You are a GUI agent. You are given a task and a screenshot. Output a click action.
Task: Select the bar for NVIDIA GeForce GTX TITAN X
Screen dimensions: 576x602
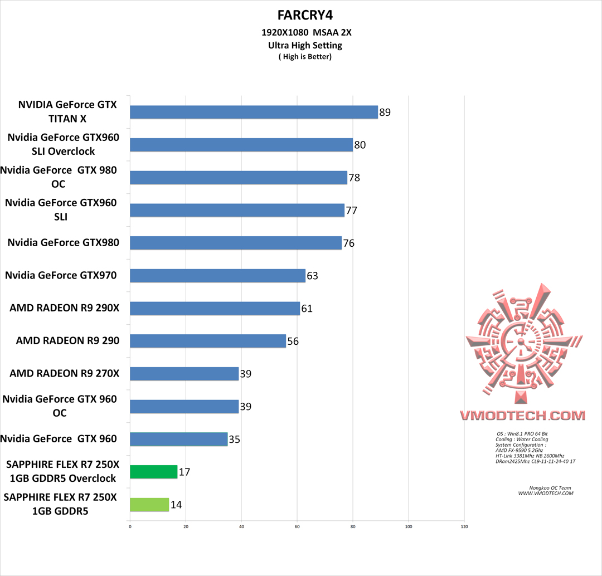pos(254,112)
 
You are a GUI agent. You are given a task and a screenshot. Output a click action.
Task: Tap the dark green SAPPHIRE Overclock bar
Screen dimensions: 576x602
pos(153,472)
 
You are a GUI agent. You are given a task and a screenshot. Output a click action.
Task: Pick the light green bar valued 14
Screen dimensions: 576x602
pos(149,505)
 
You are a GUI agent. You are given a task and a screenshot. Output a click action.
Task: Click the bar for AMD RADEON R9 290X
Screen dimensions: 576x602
pos(215,308)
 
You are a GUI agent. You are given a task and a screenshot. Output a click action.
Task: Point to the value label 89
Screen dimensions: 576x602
pos(385,113)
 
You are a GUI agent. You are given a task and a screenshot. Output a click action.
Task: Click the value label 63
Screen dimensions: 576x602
pos(312,276)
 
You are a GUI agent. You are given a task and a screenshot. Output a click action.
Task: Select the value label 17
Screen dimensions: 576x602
pos(185,472)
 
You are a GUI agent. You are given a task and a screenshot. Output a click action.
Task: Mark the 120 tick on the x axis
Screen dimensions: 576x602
pos(464,526)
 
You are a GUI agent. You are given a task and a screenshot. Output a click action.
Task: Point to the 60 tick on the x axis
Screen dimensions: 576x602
pos(297,526)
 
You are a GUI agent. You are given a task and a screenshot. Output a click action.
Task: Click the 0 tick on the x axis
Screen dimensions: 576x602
pos(130,526)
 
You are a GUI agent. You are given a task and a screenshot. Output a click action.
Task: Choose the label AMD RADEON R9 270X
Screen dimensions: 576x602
pos(64,373)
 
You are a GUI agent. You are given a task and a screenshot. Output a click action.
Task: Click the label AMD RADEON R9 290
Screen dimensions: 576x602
pos(67,340)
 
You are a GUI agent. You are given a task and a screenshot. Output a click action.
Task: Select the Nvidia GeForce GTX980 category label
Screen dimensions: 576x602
pos(63,242)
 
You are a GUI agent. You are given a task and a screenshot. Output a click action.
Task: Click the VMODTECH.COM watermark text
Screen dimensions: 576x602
pos(522,416)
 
